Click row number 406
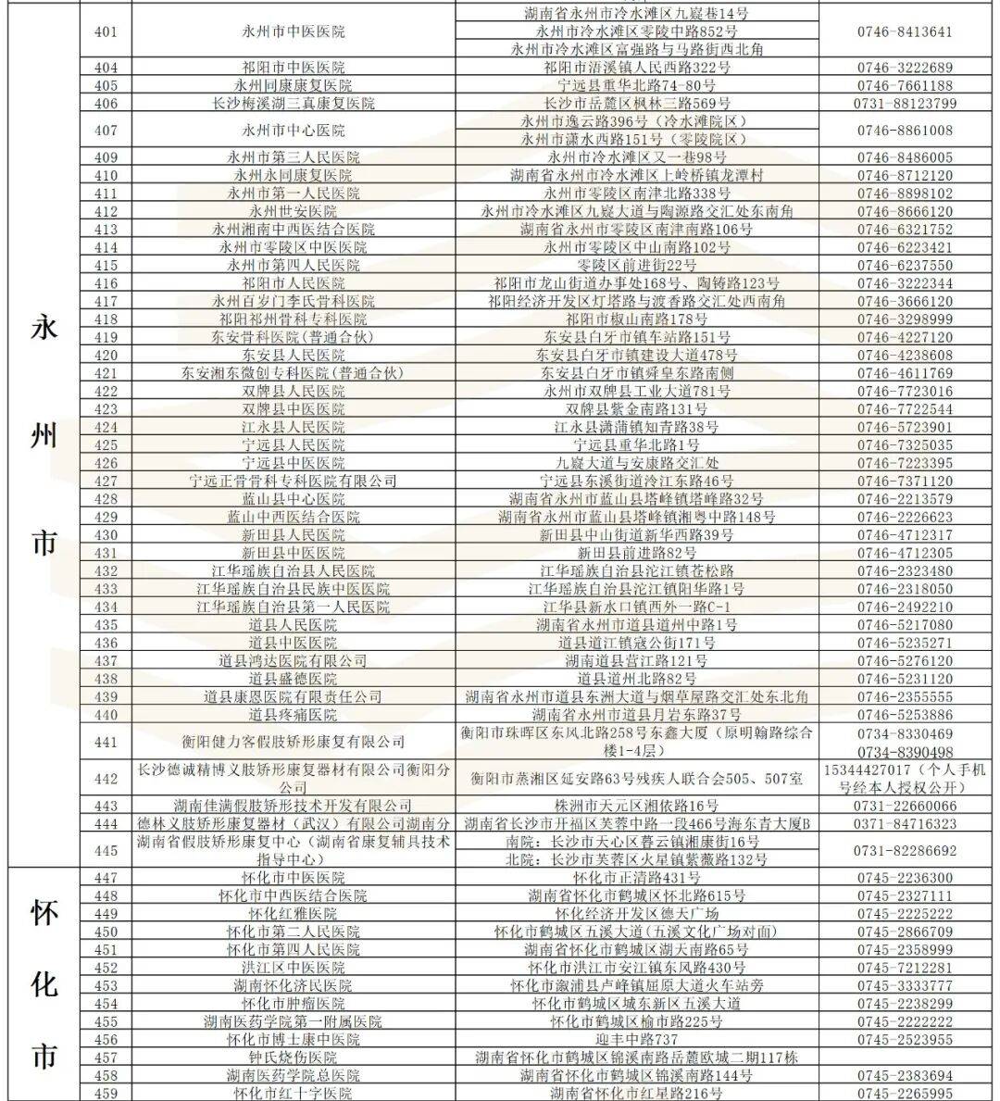106,104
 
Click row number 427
106,482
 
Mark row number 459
106,1094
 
